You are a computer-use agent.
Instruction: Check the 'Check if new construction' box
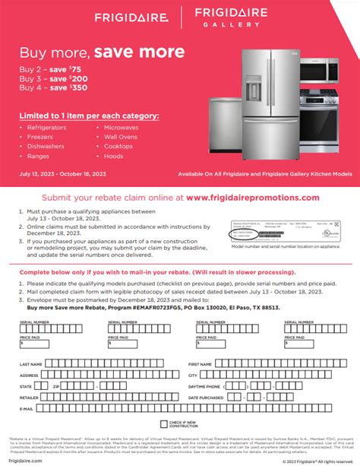click(163, 424)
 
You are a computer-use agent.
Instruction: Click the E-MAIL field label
click(27, 408)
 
